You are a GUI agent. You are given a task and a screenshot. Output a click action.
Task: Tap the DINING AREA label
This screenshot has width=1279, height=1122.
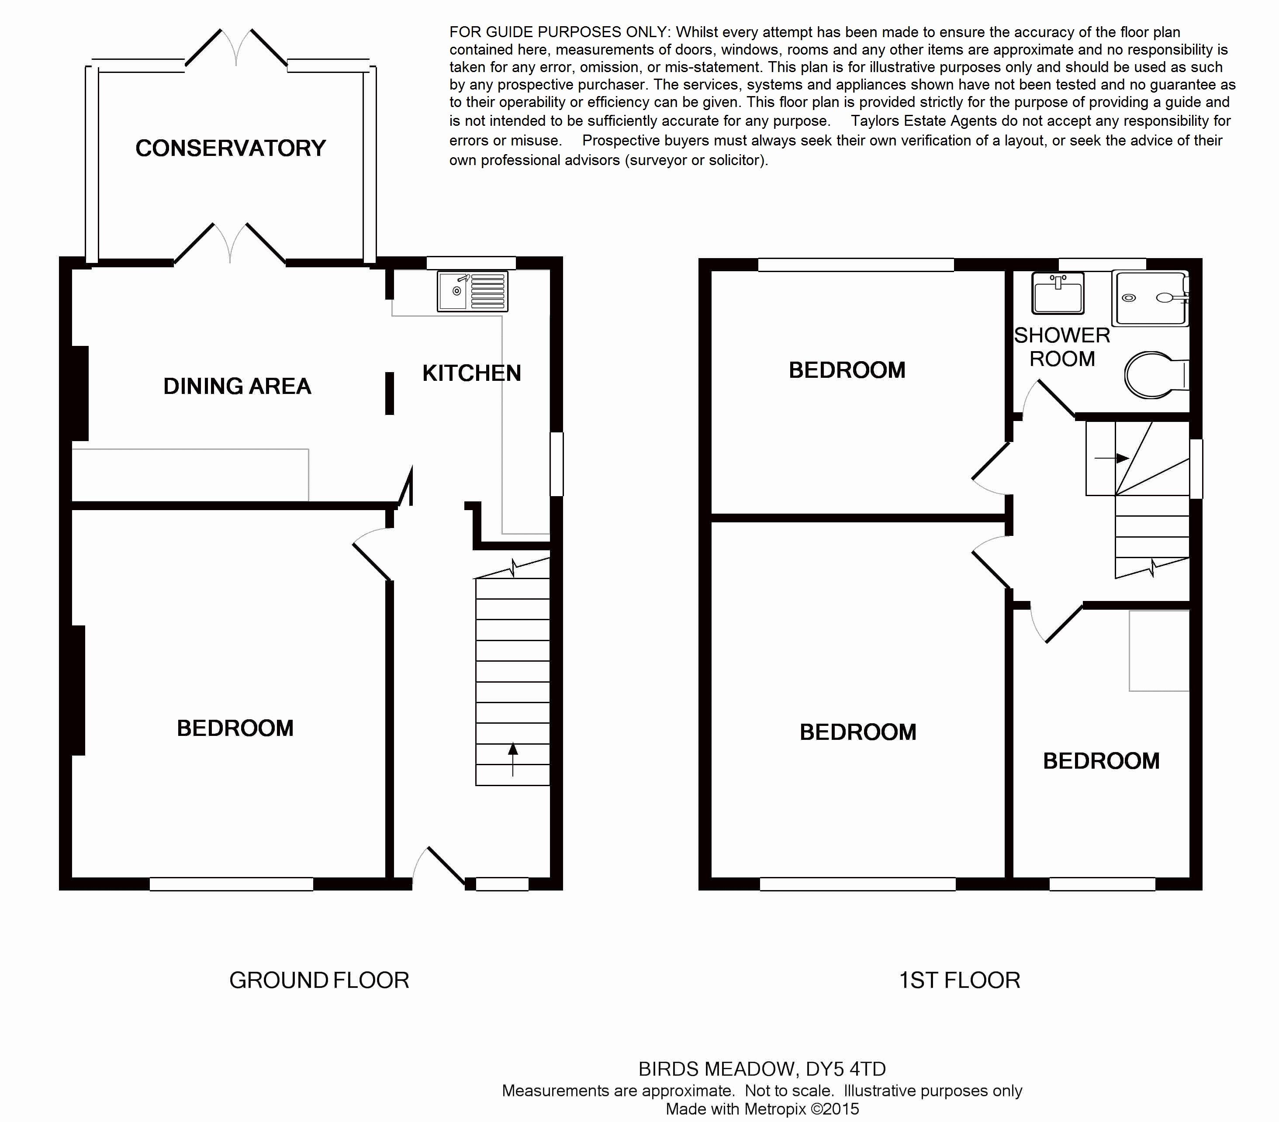point(237,386)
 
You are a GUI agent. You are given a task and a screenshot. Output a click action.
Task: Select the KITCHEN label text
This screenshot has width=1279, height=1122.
point(472,373)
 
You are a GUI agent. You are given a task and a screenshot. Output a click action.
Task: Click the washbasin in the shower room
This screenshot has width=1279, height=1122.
point(1058,293)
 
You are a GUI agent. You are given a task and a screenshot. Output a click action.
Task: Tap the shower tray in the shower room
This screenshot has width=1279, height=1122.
point(1150,298)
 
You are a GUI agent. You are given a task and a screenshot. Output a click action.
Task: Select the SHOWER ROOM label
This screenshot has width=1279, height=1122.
point(1062,347)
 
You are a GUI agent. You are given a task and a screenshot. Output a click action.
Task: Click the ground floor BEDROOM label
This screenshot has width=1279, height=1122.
point(235,728)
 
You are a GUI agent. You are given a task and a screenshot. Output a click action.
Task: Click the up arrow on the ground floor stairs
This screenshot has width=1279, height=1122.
point(513,759)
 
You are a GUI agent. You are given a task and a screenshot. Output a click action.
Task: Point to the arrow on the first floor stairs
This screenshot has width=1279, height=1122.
point(1111,458)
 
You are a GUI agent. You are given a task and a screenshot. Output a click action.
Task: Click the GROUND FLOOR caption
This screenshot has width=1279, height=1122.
point(319,980)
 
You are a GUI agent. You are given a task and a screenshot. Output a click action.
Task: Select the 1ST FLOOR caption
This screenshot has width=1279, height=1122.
point(959,980)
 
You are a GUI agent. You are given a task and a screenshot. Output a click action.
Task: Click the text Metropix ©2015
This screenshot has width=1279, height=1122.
point(802,1109)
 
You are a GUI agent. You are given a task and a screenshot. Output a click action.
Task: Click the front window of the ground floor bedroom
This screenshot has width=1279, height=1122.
point(232,884)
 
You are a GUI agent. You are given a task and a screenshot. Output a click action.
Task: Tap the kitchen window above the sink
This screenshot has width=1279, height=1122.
point(471,263)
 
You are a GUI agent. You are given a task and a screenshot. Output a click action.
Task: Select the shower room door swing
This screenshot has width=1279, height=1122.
point(1046,399)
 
